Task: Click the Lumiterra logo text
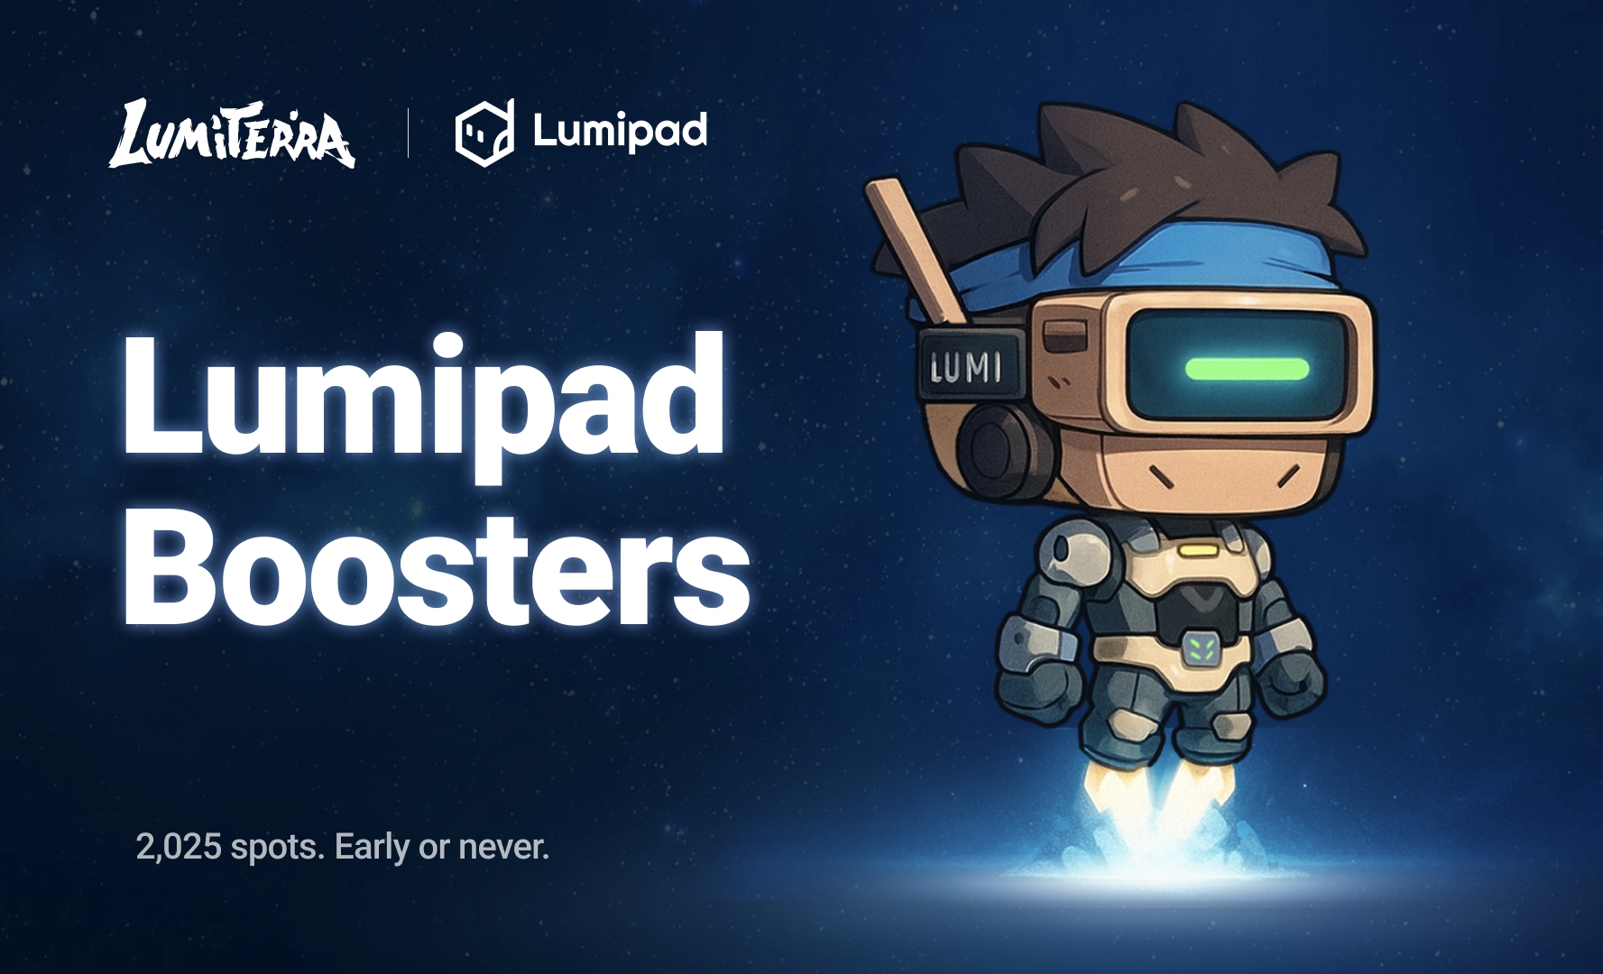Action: coord(232,133)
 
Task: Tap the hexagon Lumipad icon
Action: coord(484,133)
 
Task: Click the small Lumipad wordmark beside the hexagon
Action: coord(620,132)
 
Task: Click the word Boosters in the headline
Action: coord(437,565)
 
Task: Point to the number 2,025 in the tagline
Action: coord(179,847)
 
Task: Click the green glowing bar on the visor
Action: coord(1247,368)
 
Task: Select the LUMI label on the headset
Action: coord(966,366)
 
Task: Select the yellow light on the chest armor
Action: coord(1197,548)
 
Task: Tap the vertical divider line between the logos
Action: coord(409,133)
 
